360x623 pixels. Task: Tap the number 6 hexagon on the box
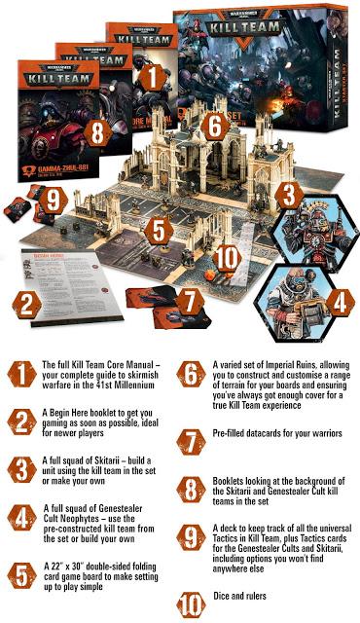click(217, 125)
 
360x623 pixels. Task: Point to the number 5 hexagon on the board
click(162, 234)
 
